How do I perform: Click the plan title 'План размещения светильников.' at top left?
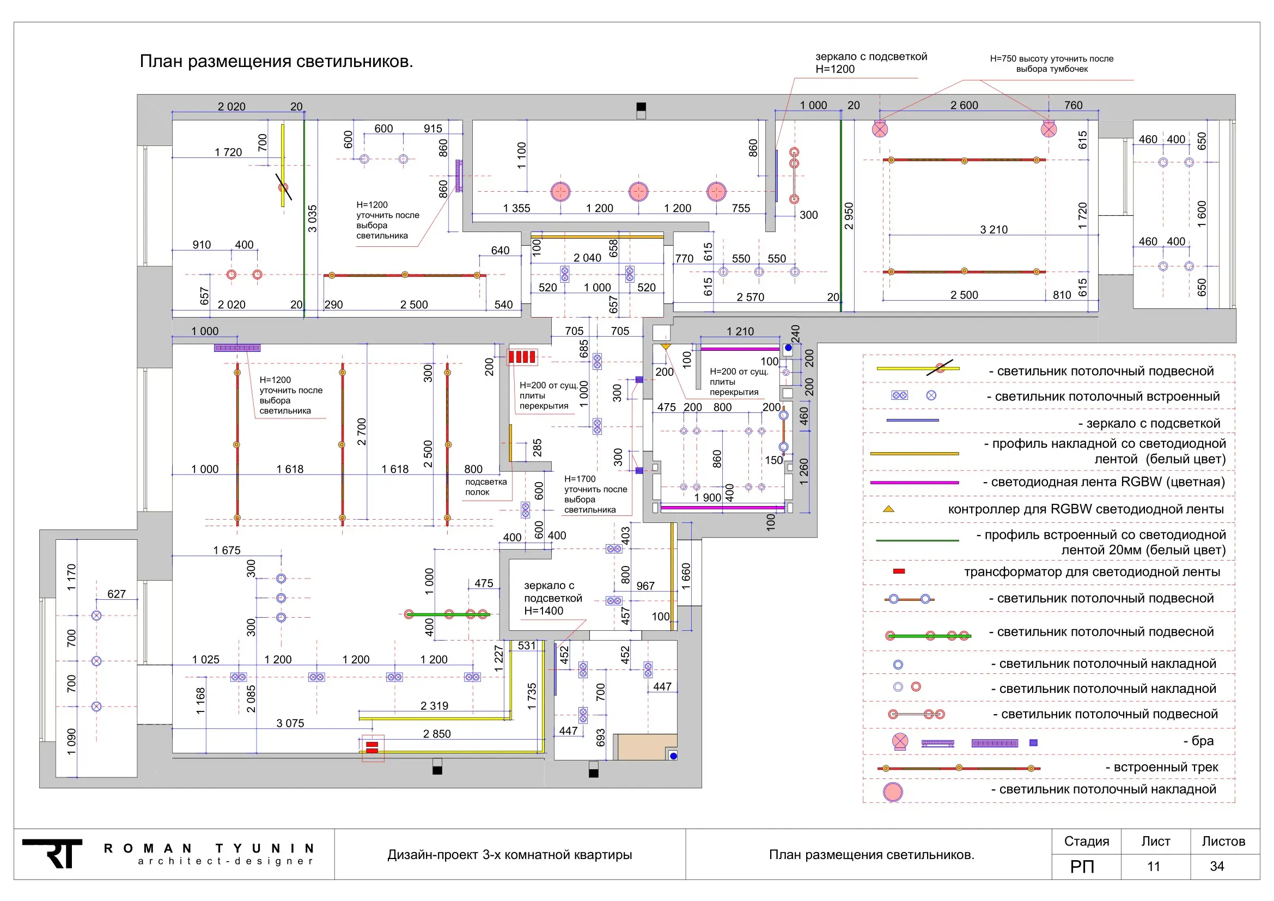coord(276,61)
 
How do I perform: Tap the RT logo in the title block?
coord(52,853)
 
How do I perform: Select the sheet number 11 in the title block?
coord(1154,867)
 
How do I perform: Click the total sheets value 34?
coord(1217,867)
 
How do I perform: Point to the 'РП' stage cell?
coord(1082,867)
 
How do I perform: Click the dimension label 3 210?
coord(994,230)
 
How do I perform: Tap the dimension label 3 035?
coord(313,218)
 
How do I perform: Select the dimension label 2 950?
coord(849,216)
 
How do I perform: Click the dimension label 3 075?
coord(290,723)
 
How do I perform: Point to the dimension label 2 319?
coord(435,705)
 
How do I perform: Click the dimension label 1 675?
coord(227,550)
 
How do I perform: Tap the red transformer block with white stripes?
coord(522,356)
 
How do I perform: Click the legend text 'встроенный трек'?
coord(1166,768)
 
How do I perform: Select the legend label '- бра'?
coord(1198,741)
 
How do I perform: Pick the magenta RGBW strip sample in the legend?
coord(915,483)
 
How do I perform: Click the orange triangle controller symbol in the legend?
coord(888,509)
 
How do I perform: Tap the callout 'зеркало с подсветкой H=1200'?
coord(871,63)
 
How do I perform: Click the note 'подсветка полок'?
coord(486,487)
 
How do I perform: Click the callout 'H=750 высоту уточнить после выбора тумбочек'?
coord(1051,64)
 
